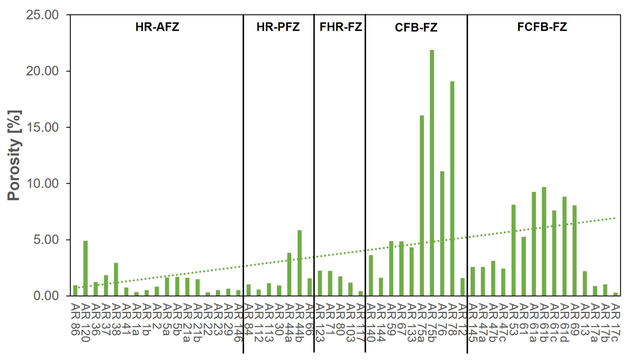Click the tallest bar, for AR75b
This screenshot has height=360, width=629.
click(x=432, y=173)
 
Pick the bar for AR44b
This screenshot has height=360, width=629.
click(x=300, y=263)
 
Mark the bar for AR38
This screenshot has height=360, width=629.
click(x=116, y=279)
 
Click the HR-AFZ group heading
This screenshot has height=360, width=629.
click(x=157, y=27)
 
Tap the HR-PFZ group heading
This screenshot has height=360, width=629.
click(x=278, y=27)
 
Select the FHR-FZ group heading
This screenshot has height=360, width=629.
click(x=340, y=27)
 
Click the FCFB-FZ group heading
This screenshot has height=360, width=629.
click(x=542, y=27)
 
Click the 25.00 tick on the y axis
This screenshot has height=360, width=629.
click(x=42, y=15)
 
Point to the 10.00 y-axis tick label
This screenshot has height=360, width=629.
click(x=42, y=183)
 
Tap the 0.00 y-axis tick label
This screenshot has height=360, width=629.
click(x=46, y=296)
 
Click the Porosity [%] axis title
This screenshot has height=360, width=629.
click(x=14, y=155)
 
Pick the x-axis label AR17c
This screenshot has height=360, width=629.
click(x=615, y=322)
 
